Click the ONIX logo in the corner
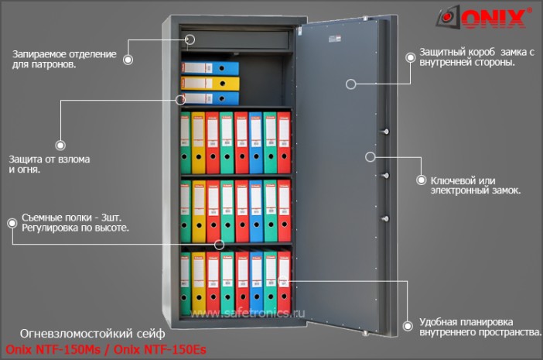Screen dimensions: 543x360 [483, 17]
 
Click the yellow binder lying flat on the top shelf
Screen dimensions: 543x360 [210, 84]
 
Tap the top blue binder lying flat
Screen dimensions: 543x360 [210, 68]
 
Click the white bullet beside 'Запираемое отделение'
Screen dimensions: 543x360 [128, 60]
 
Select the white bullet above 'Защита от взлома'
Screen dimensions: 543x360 [60, 146]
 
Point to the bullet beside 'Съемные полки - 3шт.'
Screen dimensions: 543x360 [12, 223]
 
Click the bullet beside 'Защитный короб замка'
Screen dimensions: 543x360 [411, 57]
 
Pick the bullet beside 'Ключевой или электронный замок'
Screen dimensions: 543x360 [421, 180]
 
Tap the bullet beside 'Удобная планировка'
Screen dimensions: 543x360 [408, 326]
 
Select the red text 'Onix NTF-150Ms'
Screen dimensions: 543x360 [53, 350]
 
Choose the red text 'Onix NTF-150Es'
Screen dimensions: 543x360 [160, 350]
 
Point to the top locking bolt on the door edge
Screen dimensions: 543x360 [385, 132]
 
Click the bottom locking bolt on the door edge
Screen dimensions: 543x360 [385, 218]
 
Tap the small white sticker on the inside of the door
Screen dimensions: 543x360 [335, 39]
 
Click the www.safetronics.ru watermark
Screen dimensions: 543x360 [248, 314]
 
